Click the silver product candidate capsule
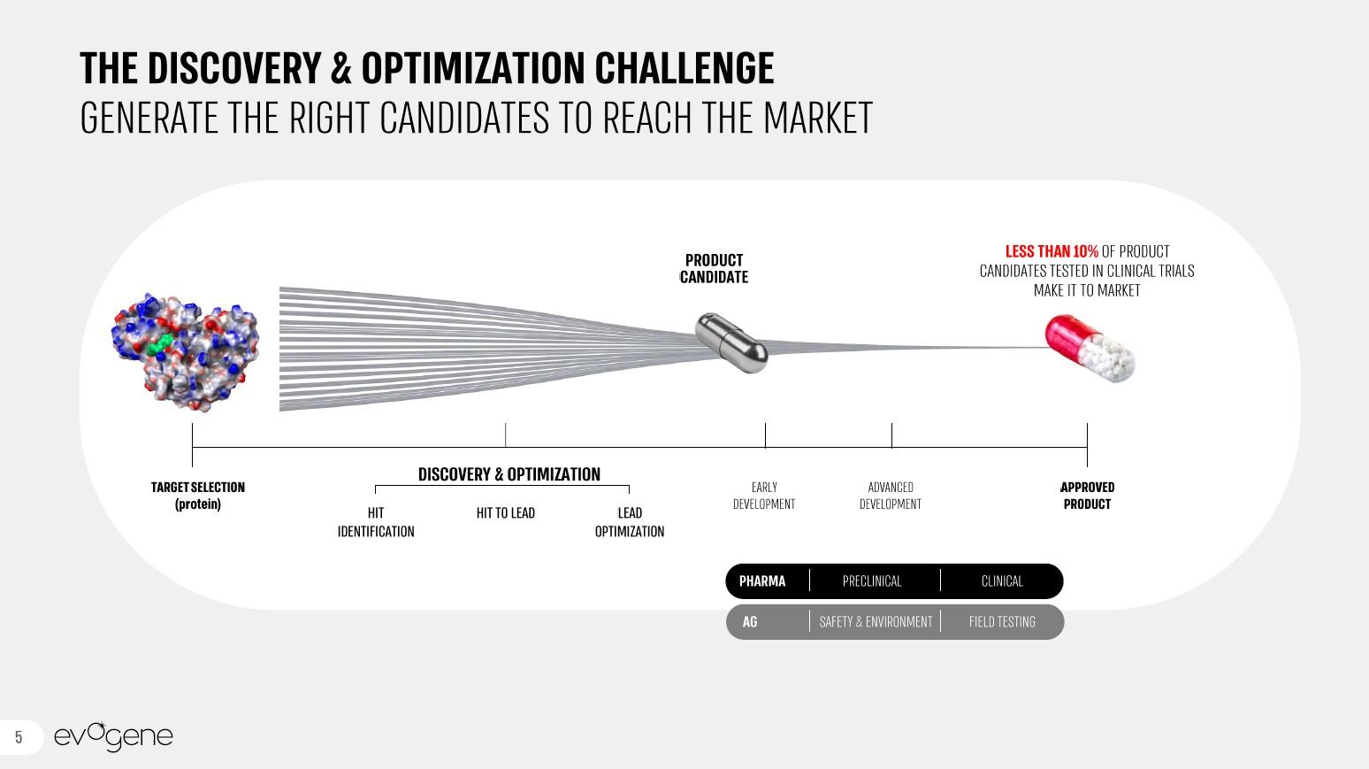731,342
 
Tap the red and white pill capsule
1090,348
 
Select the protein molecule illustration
185,352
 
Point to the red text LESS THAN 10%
1052,251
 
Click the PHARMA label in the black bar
762,581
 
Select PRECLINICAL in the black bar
872,581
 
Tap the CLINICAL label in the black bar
1002,581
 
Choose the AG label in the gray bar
750,622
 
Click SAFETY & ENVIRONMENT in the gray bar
876,622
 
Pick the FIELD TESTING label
1002,622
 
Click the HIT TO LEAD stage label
506,513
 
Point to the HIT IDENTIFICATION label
376,522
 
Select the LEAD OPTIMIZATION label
630,522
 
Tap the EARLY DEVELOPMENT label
764,496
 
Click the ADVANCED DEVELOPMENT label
891,496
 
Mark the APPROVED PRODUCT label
1087,496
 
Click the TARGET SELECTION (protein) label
198,496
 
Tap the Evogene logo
114,736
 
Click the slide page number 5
19,737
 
